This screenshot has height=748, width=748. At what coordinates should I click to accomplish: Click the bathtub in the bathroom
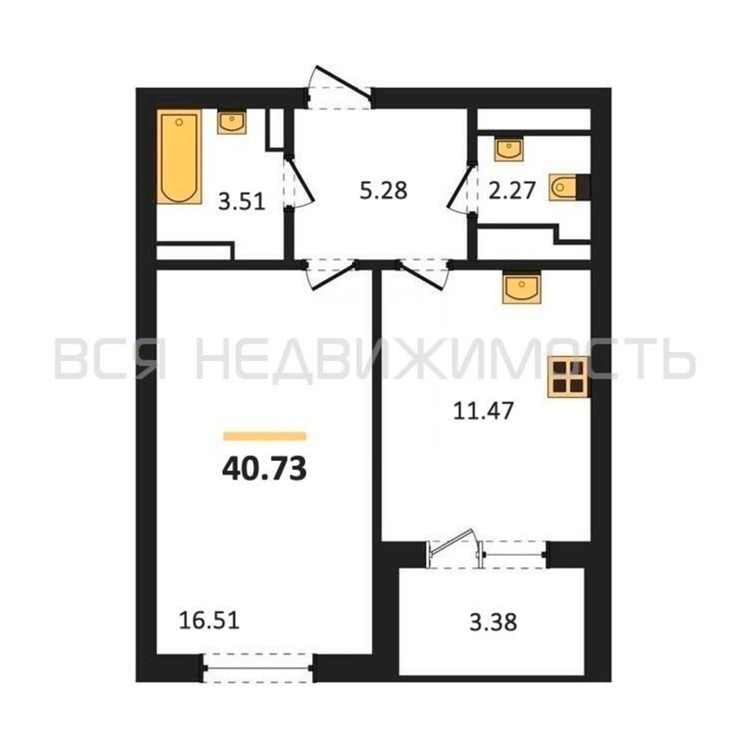179,156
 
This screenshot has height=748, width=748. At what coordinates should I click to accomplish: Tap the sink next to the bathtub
232,122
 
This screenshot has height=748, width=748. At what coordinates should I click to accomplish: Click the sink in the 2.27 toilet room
509,149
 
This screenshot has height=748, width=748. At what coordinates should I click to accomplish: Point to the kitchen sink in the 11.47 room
521,287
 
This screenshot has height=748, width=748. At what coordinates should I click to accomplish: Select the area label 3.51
242,202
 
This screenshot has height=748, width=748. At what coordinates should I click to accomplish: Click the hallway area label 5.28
383,191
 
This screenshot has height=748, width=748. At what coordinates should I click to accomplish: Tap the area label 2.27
512,191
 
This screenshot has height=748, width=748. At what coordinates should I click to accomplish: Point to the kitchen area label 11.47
483,411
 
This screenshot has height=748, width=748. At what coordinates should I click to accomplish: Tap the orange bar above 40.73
265,436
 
